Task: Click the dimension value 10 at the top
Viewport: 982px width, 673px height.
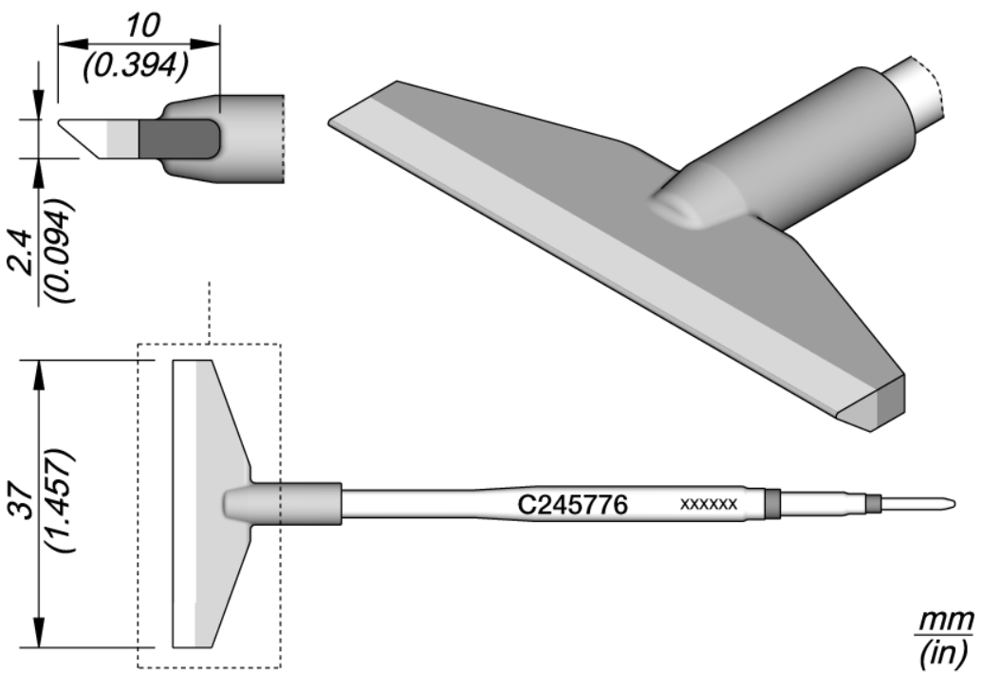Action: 142,26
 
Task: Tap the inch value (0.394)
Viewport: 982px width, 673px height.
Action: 136,65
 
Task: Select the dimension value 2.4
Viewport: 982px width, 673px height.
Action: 24,252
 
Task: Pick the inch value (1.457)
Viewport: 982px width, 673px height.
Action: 63,500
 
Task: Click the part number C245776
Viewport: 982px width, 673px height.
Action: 572,504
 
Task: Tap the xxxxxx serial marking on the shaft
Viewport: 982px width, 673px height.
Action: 709,504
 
